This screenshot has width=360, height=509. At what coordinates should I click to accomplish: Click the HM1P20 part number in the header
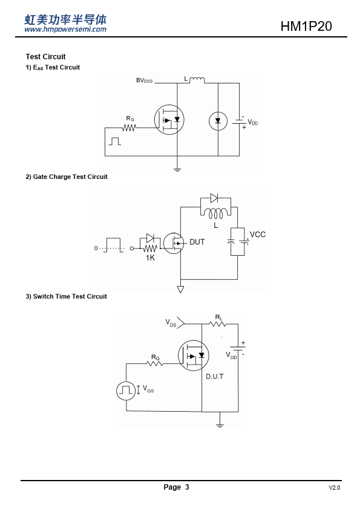[306, 26]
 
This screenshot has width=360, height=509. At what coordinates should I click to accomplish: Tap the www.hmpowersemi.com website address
[65, 29]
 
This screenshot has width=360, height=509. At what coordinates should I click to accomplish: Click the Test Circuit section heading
[45, 57]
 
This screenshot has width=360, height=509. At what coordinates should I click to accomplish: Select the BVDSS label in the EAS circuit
[144, 80]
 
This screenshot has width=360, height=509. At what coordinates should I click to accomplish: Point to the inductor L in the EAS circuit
[197, 80]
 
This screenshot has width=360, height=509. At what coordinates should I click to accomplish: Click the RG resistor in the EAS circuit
[129, 128]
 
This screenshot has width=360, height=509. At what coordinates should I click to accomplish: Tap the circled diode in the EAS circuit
[218, 121]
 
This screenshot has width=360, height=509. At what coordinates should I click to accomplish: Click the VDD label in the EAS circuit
[253, 122]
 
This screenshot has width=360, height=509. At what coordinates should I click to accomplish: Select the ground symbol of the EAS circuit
[177, 169]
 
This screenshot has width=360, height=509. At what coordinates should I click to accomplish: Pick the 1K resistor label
[150, 258]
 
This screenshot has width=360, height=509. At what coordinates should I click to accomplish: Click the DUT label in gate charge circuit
[197, 242]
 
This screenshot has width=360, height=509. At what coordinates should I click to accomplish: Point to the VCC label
[258, 235]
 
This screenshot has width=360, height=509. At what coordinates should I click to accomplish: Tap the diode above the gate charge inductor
[214, 198]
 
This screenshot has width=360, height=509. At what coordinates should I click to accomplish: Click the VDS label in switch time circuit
[171, 323]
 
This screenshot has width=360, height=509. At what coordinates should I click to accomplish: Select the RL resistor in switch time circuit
[217, 323]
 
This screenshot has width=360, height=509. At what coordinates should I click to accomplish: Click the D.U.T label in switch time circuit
[215, 377]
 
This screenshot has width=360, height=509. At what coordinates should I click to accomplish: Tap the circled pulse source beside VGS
[126, 391]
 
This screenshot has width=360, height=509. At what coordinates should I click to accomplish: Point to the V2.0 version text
[335, 488]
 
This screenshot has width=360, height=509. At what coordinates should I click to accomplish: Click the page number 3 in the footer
[187, 487]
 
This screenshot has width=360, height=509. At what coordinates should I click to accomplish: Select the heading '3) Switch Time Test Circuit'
[67, 296]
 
